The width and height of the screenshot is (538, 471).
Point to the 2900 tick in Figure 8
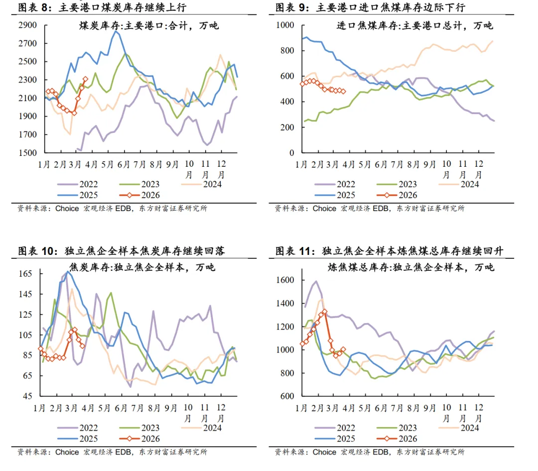pos(28,25)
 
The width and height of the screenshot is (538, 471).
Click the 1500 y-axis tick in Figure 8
pos(28,153)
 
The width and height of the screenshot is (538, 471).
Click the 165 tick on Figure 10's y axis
pos(26,274)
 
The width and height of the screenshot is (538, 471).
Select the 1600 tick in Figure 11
pos(285,280)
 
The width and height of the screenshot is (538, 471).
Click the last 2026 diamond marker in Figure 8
pos(85,79)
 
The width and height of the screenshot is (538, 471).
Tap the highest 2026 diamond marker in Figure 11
pos(324,312)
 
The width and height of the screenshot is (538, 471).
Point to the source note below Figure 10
pos(112,452)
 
